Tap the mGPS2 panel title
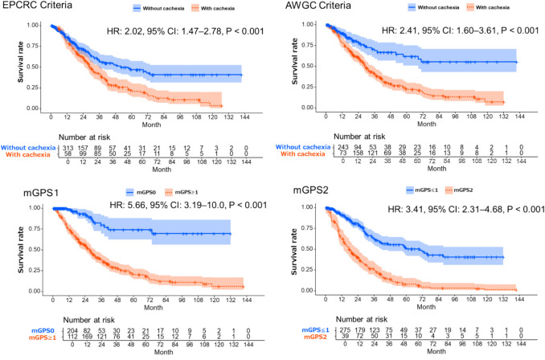[x=300, y=194]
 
